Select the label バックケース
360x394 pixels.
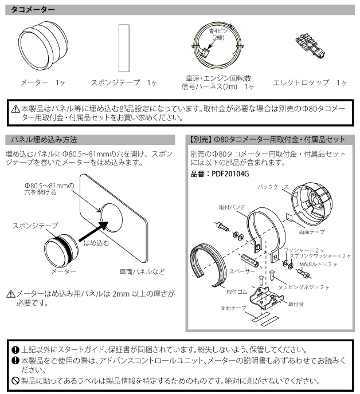click(x=272, y=187)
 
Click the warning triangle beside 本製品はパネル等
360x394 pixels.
click(x=17, y=109)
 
